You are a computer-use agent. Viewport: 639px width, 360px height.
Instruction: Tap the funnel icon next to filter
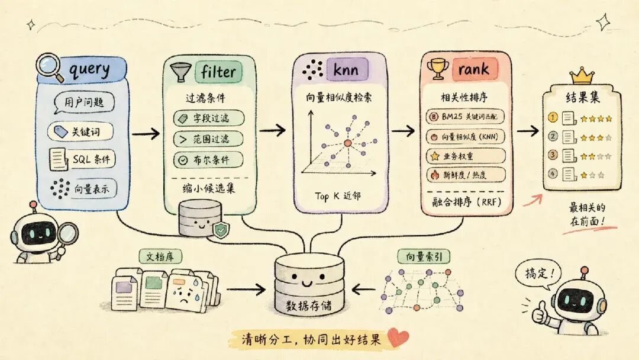(180, 72)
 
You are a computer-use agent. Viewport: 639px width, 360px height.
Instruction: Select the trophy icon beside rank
(438, 69)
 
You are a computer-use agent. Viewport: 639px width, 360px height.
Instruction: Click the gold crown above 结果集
(582, 76)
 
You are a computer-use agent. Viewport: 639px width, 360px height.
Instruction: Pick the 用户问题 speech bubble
(84, 102)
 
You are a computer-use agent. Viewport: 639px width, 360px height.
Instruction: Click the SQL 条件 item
(82, 159)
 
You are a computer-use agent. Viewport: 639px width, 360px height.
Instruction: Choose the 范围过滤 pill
(208, 139)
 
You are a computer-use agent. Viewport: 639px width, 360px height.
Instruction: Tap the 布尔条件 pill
(208, 160)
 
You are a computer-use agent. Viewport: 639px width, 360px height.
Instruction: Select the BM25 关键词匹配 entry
(465, 117)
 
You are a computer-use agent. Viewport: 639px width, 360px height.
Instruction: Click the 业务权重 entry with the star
(466, 156)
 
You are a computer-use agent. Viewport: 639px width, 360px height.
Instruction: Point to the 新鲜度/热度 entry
(466, 175)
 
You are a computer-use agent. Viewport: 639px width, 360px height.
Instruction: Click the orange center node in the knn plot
(347, 143)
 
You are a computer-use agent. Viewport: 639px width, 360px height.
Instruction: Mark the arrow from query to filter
(146, 133)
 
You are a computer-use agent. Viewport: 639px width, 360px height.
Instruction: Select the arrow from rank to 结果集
(528, 130)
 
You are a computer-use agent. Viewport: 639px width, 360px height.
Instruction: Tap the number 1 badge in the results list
(553, 117)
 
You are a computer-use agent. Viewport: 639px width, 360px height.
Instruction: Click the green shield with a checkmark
(221, 230)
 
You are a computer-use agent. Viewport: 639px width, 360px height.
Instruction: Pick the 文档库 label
(160, 256)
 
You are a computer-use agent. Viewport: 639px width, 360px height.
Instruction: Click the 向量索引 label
(424, 256)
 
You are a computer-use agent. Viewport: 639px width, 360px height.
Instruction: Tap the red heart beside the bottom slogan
(398, 337)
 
